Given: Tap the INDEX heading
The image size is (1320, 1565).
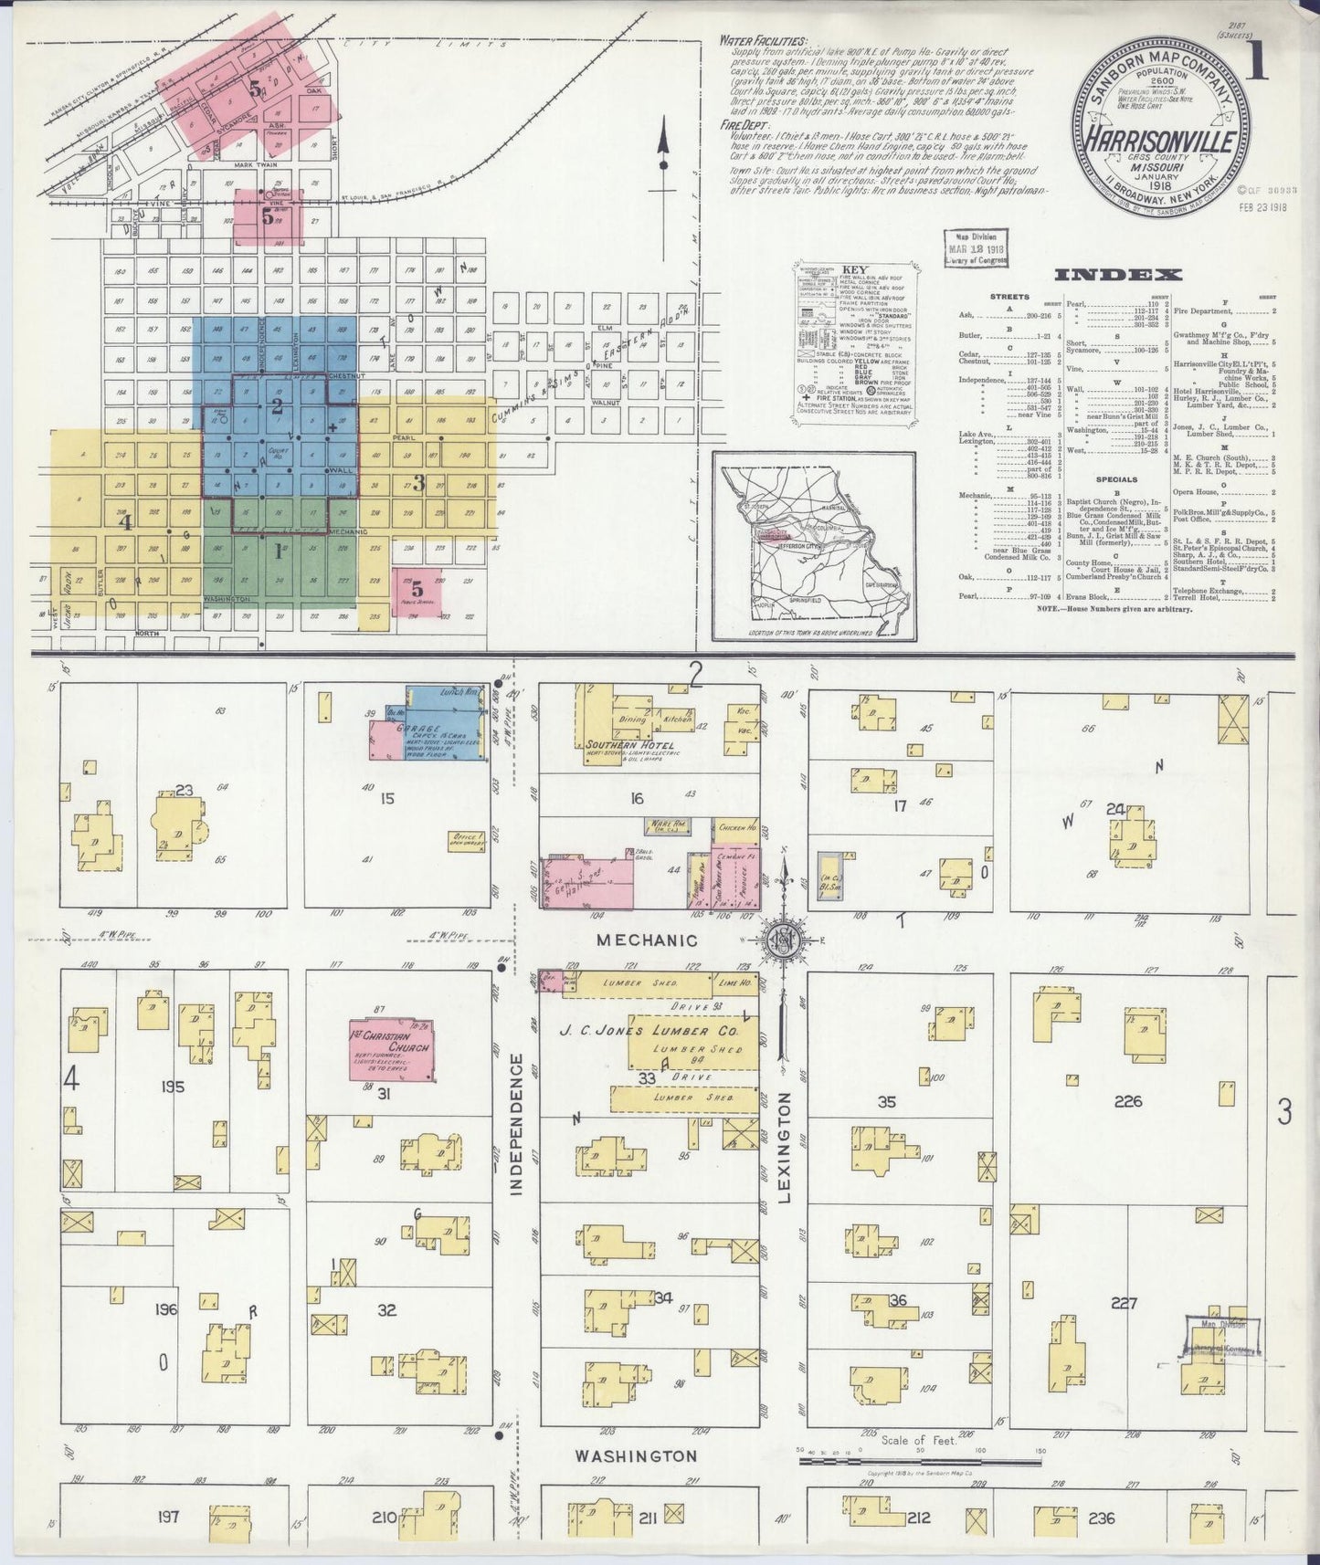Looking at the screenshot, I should [x=1118, y=274].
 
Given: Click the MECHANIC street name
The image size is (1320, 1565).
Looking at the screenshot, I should [x=648, y=940].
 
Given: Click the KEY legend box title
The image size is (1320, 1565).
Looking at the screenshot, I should [x=853, y=271].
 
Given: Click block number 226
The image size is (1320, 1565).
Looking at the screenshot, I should [x=1129, y=1101].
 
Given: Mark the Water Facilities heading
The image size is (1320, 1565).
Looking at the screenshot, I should [x=762, y=41].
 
